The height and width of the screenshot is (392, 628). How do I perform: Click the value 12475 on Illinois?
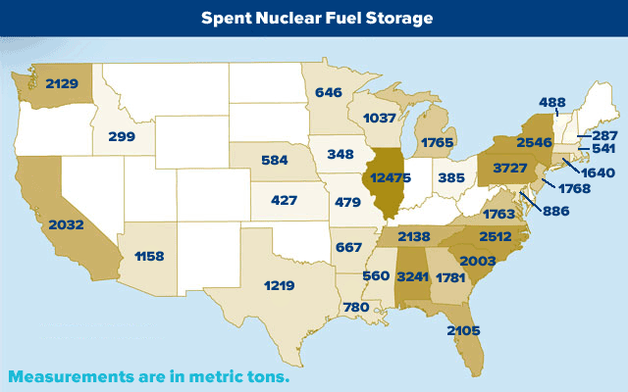pos(387,178)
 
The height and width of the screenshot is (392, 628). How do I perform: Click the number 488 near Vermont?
pos(552,100)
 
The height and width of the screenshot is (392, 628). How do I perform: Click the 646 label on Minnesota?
pos(331,92)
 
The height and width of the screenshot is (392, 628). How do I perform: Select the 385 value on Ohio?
pos(450,178)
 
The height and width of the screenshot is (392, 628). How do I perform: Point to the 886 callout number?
pos(554,211)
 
